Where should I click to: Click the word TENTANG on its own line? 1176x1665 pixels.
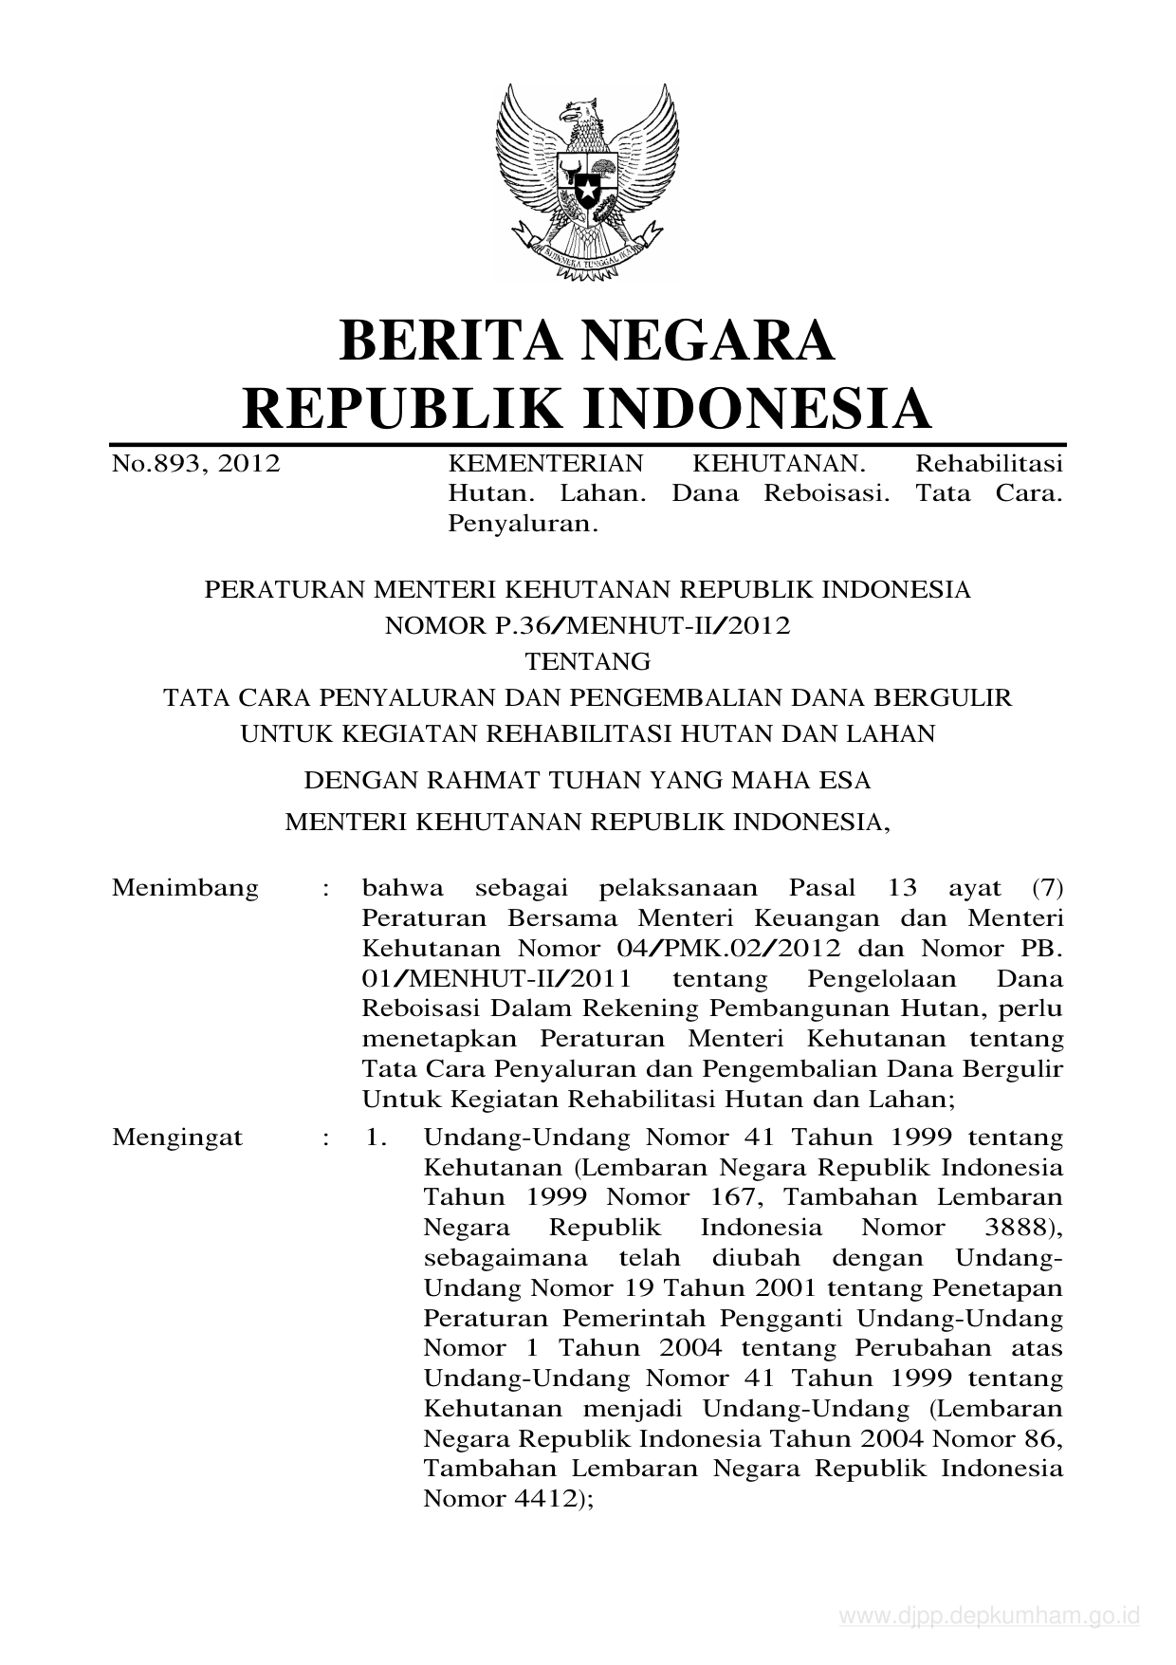(x=588, y=660)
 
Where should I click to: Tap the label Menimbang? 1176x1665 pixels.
(x=185, y=888)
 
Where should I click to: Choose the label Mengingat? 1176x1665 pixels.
(x=177, y=1137)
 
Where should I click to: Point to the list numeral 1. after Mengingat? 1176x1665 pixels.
(x=377, y=1137)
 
